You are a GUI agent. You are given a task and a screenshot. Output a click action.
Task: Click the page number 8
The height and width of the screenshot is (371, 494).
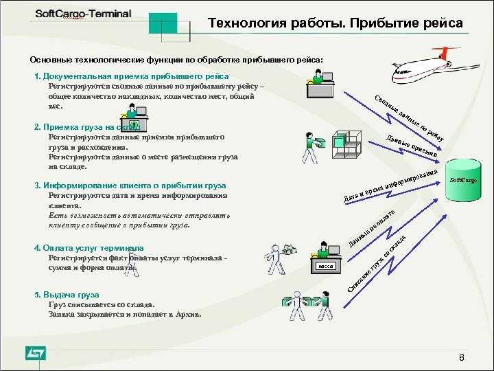pyautogui.click(x=462, y=358)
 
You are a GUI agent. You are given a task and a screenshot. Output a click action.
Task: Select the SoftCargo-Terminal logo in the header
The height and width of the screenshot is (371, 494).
pyautogui.click(x=80, y=16)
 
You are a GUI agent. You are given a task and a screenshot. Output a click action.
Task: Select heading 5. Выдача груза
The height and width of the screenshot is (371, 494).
pyautogui.click(x=67, y=294)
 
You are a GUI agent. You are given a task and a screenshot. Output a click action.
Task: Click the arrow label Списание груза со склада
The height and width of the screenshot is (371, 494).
pyautogui.click(x=378, y=264)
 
